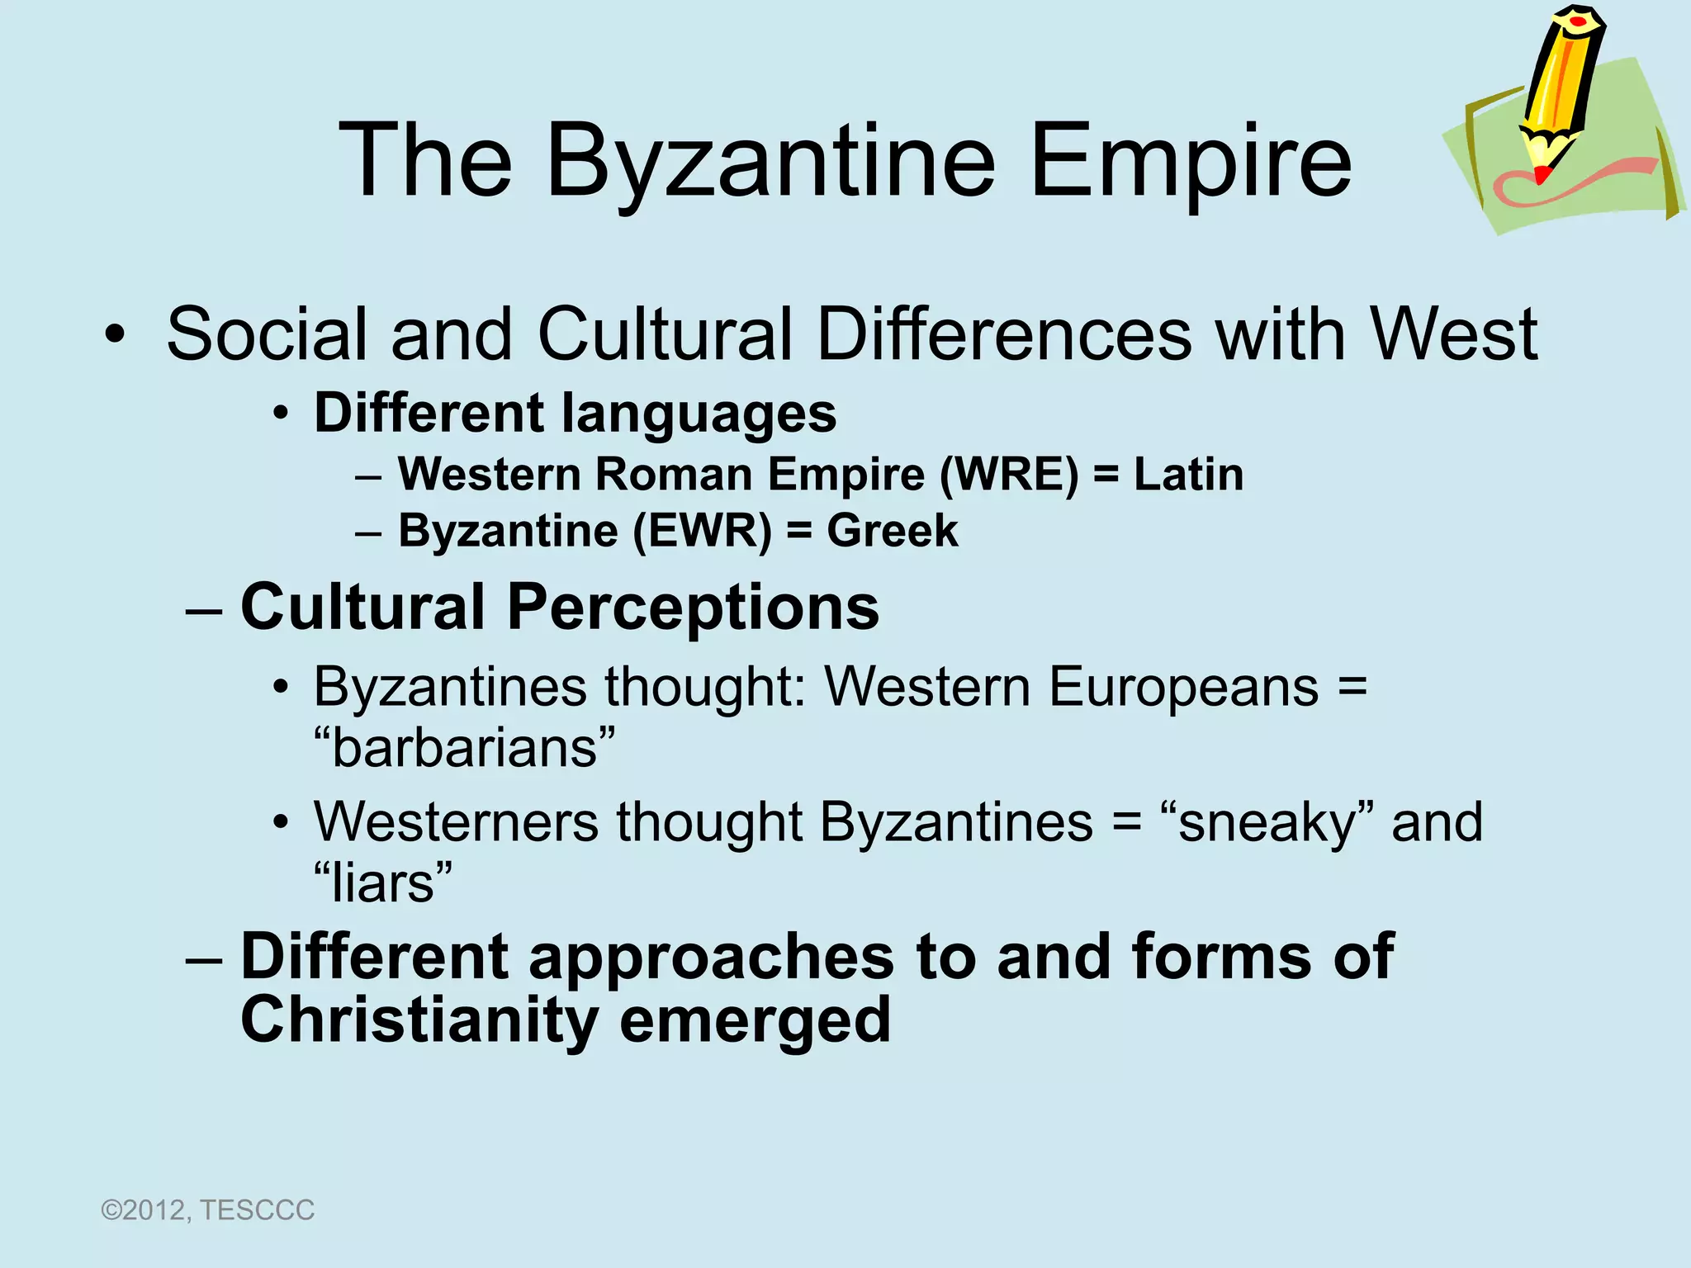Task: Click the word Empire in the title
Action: tap(1191, 161)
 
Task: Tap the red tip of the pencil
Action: tap(1541, 174)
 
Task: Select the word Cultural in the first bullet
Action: tap(665, 334)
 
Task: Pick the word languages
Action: tap(699, 414)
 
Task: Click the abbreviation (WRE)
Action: tap(1009, 475)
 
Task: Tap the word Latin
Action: tap(1188, 475)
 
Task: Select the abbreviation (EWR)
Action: tap(702, 531)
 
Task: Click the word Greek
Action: tap(893, 531)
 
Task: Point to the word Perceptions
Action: tap(693, 608)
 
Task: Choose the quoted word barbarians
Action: tap(465, 748)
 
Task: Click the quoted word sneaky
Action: tap(1267, 822)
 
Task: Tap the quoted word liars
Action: tap(383, 882)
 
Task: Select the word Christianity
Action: tap(419, 1020)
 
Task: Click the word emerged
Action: tap(755, 1021)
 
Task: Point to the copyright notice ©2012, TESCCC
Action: tap(207, 1210)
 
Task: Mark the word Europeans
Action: tap(1183, 687)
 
